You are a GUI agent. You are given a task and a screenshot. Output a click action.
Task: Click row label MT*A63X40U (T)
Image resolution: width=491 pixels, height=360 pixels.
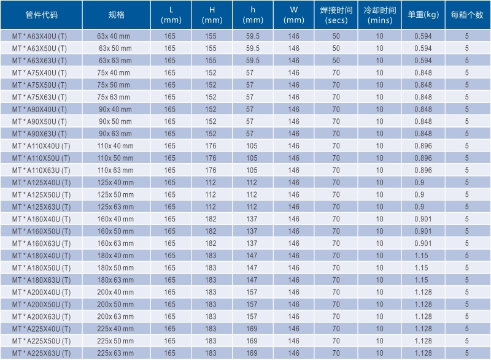[41, 36]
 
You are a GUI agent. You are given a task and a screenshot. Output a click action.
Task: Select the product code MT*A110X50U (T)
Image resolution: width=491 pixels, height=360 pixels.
[41, 158]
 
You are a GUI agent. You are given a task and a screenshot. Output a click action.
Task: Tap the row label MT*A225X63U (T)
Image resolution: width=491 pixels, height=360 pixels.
[41, 353]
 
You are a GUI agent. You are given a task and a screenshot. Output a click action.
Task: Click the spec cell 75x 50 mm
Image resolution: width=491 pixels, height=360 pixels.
[115, 85]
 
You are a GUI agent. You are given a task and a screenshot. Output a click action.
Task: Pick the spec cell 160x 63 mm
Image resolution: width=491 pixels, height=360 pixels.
[115, 243]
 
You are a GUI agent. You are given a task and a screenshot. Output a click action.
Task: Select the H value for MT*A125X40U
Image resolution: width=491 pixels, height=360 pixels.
[211, 183]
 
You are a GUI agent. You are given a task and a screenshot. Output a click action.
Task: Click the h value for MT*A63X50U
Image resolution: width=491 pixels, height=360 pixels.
[252, 48]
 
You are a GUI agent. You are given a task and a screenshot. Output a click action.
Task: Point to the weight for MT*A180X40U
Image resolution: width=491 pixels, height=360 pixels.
[423, 256]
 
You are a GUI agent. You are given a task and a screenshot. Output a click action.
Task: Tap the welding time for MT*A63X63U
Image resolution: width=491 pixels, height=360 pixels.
[336, 61]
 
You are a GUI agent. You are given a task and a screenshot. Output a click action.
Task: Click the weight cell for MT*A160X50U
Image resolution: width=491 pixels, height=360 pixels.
[423, 231]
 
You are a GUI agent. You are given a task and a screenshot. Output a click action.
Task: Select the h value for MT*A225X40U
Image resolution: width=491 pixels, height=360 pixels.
[252, 329]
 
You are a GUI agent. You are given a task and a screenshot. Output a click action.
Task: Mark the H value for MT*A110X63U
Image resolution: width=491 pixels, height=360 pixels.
[211, 170]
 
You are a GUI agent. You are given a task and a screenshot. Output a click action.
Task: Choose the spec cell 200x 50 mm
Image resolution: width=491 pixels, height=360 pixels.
[115, 304]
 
